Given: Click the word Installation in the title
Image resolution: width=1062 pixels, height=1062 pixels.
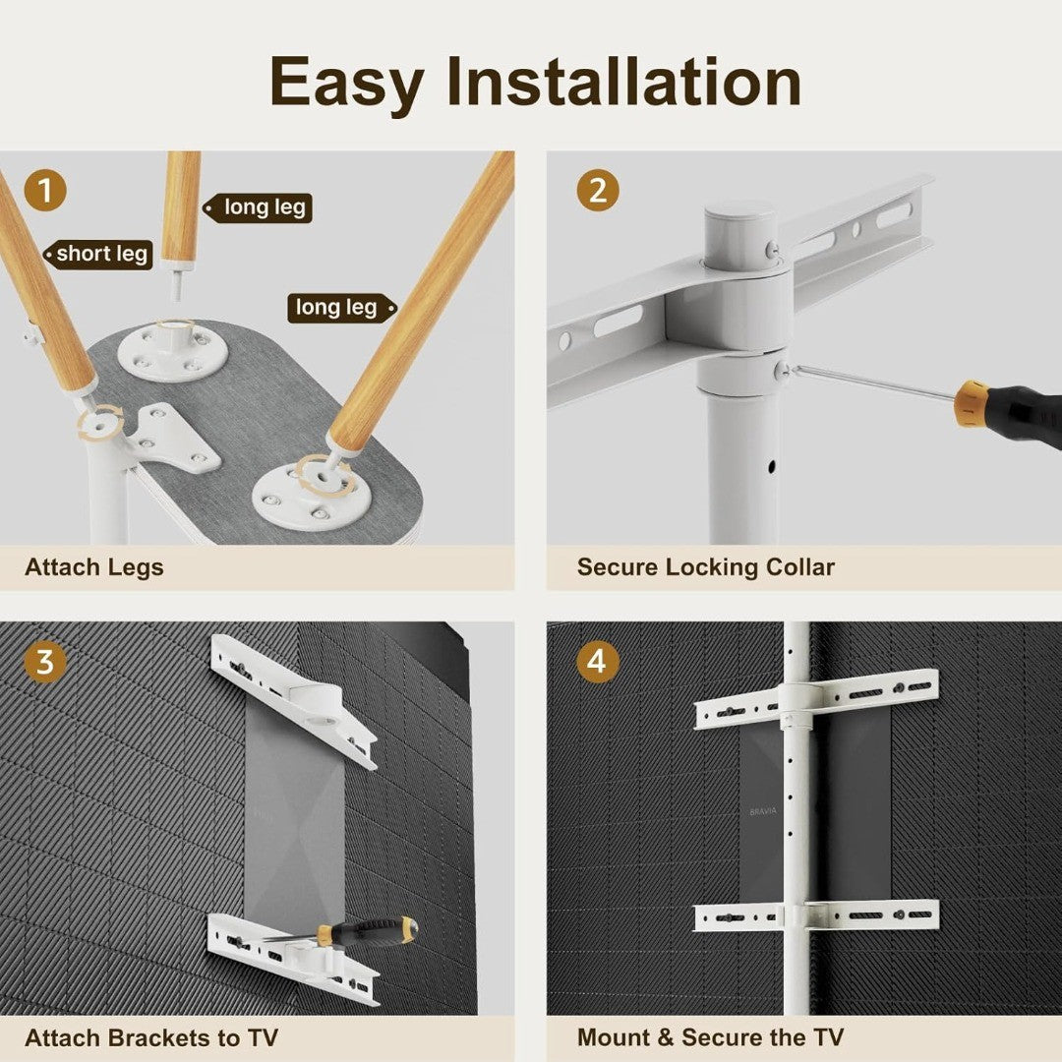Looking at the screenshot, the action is [x=623, y=82].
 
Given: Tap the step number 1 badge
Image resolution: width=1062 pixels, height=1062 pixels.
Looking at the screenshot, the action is [x=44, y=191].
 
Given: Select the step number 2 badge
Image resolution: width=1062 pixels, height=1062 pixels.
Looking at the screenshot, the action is [x=598, y=191].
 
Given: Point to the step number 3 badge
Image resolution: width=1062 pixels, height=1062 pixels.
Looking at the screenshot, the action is [x=44, y=662].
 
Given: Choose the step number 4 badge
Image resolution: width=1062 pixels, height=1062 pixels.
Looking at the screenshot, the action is [x=598, y=662].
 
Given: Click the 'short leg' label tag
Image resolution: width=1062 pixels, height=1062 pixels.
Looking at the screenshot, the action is [x=99, y=255].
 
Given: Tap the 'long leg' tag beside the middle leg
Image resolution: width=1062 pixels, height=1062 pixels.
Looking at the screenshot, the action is [x=258, y=207].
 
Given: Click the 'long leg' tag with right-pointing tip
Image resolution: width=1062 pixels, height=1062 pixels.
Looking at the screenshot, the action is [x=342, y=308].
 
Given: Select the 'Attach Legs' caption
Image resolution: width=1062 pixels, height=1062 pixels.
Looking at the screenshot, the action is [x=94, y=567].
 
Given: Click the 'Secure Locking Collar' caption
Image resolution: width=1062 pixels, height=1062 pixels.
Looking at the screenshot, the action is [x=706, y=567].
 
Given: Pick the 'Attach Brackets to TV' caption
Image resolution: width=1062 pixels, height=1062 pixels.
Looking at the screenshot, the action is [x=151, y=1038].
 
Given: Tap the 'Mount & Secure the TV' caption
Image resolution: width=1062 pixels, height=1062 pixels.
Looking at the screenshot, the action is [x=711, y=1037].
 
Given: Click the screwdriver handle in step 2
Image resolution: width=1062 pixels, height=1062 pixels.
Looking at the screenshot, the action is [x=1008, y=412].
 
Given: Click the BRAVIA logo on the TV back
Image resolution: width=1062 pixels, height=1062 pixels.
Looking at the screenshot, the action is [x=763, y=811].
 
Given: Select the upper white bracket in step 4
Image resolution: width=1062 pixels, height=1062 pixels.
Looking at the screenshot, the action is [x=816, y=697].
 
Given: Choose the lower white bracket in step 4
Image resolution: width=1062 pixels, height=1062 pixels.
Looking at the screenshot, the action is [x=816, y=915].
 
